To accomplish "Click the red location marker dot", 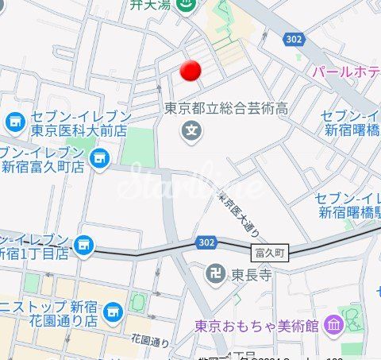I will point(190,71).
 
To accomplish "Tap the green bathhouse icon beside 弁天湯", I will point(187,6).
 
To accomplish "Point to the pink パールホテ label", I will point(345,72).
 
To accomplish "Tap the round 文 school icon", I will point(190,129).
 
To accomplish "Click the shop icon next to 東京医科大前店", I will point(14,122).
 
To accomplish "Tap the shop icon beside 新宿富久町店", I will point(98,159).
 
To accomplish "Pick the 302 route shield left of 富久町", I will point(205,240).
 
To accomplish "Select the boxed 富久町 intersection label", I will point(271,253).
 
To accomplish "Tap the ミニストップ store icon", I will point(114,310).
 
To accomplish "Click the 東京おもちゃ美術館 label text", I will point(257,325).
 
